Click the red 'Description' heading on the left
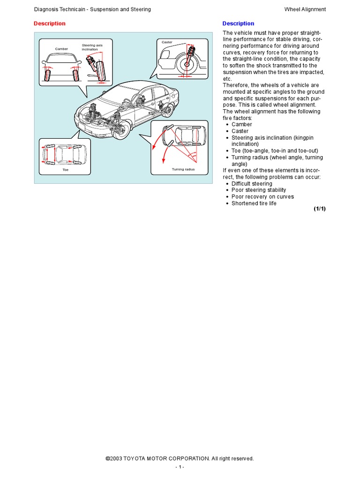50,23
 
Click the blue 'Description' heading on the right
238,23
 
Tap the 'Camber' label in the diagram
61,49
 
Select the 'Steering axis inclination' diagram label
92,47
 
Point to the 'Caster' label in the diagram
167,42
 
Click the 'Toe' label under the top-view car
65,170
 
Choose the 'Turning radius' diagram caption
183,169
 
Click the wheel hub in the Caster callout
187,64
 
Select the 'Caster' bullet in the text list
240,131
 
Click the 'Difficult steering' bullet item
252,184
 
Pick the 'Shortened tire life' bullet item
254,203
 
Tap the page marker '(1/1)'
320,209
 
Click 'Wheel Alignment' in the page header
305,9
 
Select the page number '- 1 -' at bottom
180,467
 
